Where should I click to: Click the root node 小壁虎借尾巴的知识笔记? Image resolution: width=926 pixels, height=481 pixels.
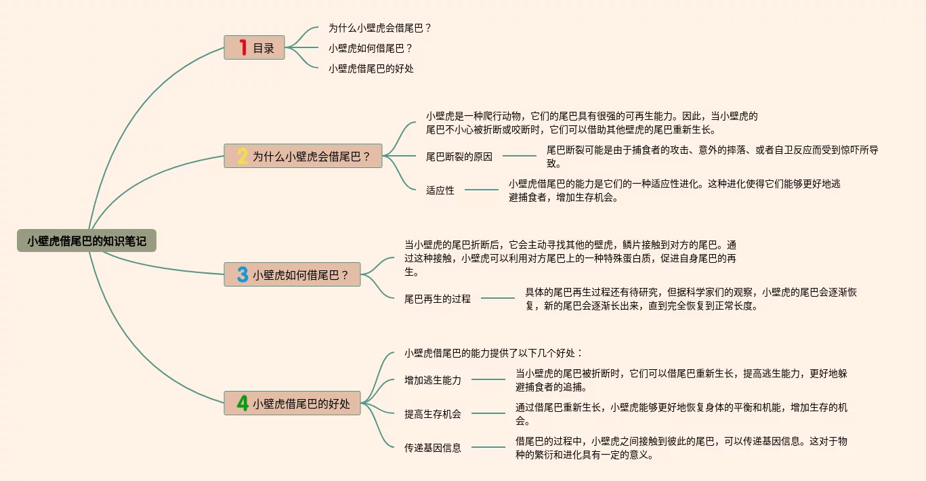87,240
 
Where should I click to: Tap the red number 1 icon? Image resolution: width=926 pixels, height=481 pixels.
242,47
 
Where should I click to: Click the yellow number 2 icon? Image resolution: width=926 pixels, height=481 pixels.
242,156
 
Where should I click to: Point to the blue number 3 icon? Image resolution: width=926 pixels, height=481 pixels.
242,274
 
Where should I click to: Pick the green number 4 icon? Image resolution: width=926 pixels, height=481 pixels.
242,403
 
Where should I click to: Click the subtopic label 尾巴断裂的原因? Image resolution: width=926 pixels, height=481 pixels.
459,156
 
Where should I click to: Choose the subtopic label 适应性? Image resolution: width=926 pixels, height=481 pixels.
440,190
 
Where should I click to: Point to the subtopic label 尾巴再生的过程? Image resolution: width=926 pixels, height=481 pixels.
438,298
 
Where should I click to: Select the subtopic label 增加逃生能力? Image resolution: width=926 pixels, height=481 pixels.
433,380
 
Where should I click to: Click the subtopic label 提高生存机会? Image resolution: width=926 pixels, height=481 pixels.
433,414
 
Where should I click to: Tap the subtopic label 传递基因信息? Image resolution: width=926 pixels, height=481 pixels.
433,448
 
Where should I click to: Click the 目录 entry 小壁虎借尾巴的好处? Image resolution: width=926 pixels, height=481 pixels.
371,68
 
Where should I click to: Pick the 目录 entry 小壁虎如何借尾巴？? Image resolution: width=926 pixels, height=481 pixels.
371,48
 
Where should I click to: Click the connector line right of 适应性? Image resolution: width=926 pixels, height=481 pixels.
481,190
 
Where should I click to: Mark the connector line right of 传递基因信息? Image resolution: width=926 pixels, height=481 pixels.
488,447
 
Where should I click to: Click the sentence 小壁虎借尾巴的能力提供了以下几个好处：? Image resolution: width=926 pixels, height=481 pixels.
493,353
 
